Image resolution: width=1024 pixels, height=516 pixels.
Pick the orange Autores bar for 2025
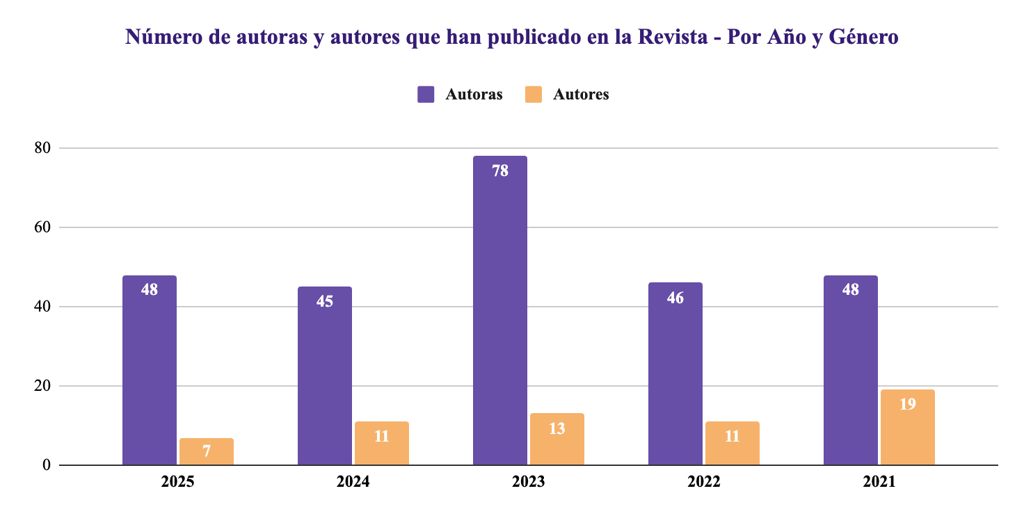(206, 452)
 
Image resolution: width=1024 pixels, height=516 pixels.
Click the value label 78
(499, 170)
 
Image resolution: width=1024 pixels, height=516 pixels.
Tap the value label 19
(907, 403)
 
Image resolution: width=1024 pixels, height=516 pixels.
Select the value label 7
(206, 451)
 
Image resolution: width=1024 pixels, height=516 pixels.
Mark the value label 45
(324, 301)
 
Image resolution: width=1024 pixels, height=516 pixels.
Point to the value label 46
(675, 298)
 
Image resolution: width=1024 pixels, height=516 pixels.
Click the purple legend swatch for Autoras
(426, 95)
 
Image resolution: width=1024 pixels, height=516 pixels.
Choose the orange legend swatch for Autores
(533, 95)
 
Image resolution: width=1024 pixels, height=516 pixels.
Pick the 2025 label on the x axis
(177, 482)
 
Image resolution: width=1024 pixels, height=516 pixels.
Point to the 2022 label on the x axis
(703, 482)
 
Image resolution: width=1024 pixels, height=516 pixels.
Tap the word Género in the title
(862, 37)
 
